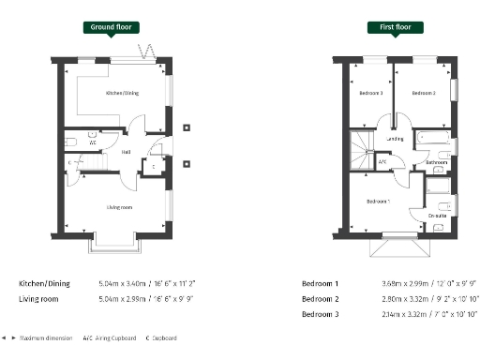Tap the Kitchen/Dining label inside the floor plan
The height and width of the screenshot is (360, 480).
click(x=124, y=93)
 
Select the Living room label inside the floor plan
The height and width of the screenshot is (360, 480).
click(x=117, y=206)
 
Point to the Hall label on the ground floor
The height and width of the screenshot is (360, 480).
click(x=126, y=151)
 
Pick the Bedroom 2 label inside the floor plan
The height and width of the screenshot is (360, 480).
click(x=424, y=93)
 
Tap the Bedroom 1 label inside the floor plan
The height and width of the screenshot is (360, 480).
click(x=378, y=202)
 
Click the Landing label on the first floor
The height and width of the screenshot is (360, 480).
click(x=395, y=139)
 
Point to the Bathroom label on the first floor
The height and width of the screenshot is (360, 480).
click(x=435, y=162)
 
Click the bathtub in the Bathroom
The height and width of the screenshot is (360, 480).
click(x=433, y=139)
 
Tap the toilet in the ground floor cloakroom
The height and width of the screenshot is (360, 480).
click(x=71, y=141)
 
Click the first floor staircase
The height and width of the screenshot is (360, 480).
click(x=362, y=148)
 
